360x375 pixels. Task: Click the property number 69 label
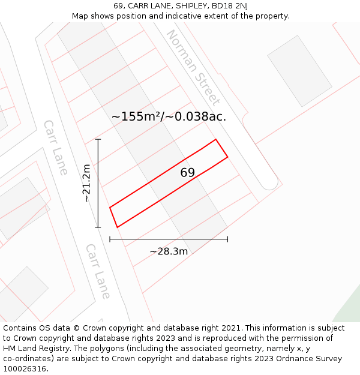(x=188, y=173)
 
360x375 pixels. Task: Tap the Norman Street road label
(x=193, y=67)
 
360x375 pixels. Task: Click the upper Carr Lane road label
(x=55, y=147)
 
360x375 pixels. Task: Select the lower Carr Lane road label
(x=98, y=271)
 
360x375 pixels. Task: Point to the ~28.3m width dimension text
(x=169, y=251)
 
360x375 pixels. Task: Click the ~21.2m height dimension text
(x=87, y=183)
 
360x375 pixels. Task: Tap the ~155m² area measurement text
(x=134, y=116)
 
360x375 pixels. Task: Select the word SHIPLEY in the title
(x=183, y=6)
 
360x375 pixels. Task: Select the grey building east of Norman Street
(x=299, y=70)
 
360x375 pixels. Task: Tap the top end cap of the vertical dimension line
(x=98, y=140)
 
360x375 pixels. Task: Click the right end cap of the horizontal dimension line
(x=227, y=239)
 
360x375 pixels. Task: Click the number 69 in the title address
(x=119, y=6)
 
